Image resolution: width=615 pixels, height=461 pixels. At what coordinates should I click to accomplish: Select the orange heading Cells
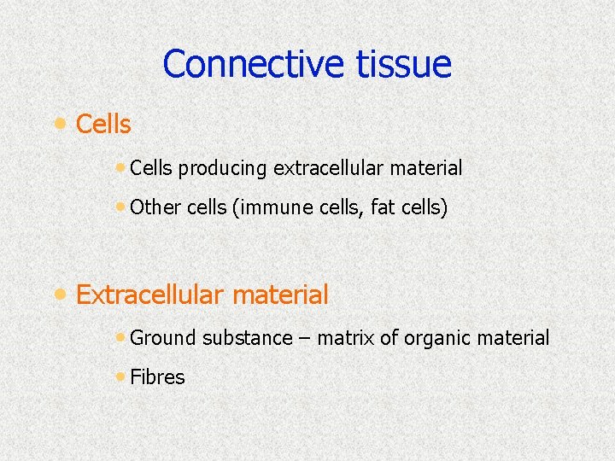pos(103,125)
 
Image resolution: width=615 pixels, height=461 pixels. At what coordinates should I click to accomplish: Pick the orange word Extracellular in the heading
pos(151,295)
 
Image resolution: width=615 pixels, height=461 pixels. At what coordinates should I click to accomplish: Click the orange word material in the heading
pos(280,295)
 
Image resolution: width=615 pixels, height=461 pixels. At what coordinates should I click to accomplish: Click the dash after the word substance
pos(305,339)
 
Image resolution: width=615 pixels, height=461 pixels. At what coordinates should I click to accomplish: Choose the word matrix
pos(346,338)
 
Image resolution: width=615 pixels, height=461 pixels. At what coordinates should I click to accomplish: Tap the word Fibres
pos(157,377)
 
